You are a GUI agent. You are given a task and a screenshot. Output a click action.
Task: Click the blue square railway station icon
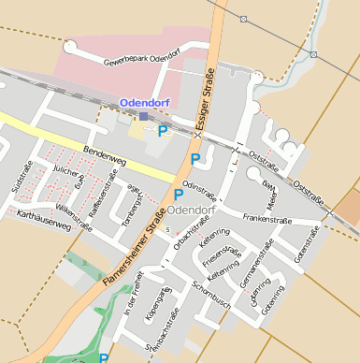(x=143, y=116)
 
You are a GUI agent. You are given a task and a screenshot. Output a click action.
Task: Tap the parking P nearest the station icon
(x=163, y=131)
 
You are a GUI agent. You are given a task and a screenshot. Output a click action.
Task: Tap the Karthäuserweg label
(x=44, y=222)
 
